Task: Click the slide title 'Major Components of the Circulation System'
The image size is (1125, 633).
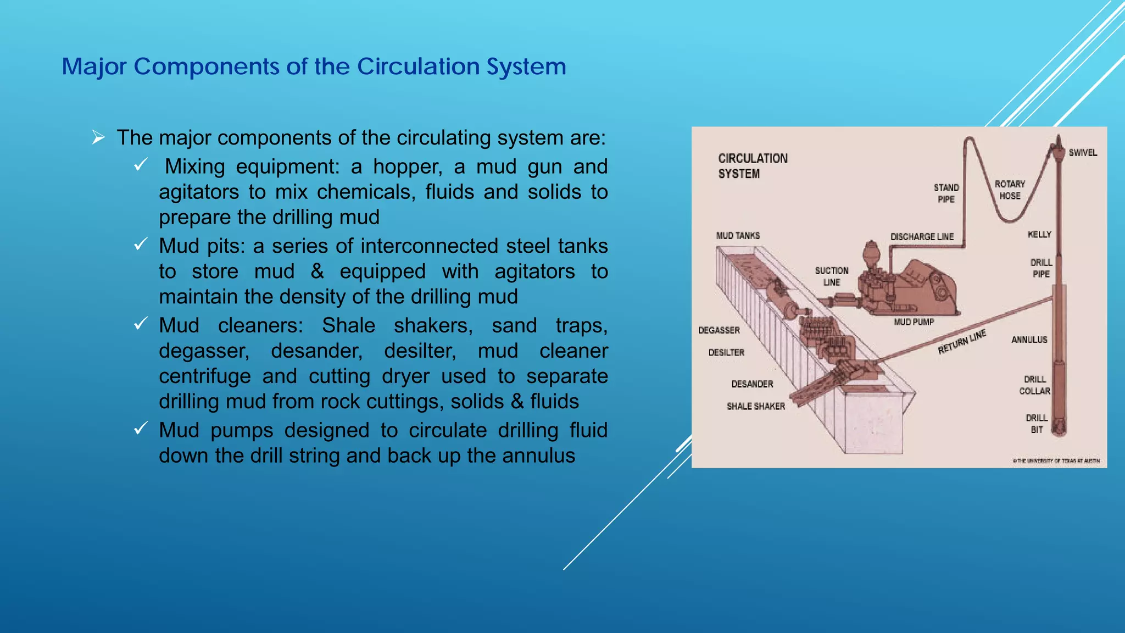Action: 314,66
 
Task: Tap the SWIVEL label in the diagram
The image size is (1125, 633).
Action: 1082,153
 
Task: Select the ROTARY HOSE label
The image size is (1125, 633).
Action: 1010,190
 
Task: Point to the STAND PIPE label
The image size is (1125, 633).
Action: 946,193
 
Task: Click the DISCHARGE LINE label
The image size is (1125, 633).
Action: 922,237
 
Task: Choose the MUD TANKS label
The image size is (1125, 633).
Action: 738,236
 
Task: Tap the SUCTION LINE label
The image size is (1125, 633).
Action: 831,276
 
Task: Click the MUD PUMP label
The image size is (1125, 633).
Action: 914,322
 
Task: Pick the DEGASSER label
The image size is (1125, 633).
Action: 719,330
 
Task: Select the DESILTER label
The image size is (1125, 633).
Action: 726,352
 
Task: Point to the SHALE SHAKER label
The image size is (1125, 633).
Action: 755,406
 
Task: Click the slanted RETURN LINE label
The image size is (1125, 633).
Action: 962,342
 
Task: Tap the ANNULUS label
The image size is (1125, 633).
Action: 1029,340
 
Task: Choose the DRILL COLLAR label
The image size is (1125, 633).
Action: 1034,385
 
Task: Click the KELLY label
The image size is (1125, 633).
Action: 1039,235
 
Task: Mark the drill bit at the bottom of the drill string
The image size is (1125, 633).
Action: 1060,426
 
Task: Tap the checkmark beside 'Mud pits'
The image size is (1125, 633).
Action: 141,244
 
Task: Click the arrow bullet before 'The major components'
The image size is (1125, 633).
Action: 98,137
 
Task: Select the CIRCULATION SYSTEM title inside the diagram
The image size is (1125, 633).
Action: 752,166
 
